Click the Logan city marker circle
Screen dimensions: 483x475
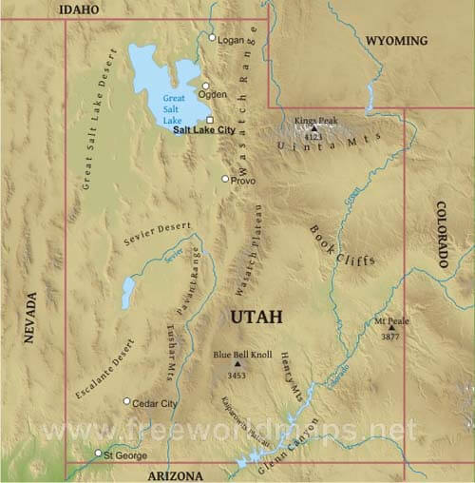coord(212,37)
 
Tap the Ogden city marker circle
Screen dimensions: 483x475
coord(205,86)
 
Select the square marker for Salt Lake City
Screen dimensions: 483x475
coord(210,120)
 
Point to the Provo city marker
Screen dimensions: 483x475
coord(225,179)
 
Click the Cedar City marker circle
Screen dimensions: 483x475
coord(127,401)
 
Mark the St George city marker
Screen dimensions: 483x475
coord(97,454)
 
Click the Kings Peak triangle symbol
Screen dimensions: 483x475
coord(314,128)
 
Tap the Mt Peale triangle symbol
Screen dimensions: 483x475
coord(390,329)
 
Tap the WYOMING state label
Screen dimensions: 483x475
coord(396,41)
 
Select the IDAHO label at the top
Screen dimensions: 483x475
coord(78,9)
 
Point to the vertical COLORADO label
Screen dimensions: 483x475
coord(443,234)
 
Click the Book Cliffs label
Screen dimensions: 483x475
coord(341,246)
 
